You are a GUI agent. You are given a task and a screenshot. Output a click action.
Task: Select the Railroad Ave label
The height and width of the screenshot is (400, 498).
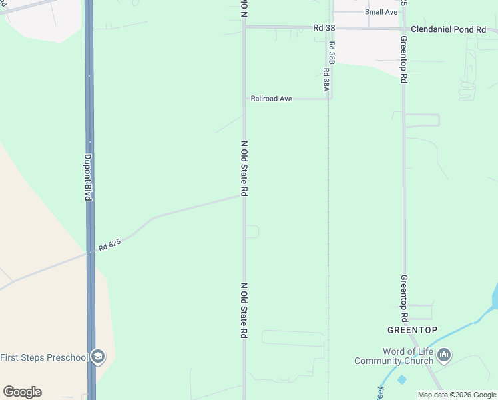point(271,99)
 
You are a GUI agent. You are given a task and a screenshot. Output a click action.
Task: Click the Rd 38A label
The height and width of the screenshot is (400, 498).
point(326,80)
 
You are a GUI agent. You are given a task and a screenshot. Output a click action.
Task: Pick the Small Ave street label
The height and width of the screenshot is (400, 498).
point(381,12)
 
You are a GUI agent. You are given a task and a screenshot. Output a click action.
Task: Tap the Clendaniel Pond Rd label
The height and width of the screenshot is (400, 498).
point(453,29)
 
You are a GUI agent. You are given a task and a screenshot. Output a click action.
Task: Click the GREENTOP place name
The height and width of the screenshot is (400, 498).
point(412,331)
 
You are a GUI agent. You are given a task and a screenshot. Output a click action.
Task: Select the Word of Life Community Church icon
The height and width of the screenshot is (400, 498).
point(445,354)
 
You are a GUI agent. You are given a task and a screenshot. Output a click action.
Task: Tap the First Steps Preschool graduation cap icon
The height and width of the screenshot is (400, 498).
point(97,357)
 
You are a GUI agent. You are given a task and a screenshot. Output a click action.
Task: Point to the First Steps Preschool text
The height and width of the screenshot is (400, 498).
point(44,357)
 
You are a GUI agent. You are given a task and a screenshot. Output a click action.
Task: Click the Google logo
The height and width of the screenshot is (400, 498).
point(22,392)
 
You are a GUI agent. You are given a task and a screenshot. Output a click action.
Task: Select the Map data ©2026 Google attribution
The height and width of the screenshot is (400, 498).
point(457,395)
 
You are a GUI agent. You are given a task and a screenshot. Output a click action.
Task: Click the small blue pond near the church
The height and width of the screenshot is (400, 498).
point(401,379)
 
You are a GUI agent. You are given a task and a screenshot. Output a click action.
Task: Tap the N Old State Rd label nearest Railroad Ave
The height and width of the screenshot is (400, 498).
point(244,168)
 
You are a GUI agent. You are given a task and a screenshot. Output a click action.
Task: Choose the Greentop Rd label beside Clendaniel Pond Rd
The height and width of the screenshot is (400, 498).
point(403,59)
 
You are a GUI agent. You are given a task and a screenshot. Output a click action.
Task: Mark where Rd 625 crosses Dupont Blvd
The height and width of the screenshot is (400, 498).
point(90,253)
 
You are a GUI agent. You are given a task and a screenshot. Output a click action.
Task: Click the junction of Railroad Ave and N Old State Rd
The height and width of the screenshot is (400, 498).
point(244,99)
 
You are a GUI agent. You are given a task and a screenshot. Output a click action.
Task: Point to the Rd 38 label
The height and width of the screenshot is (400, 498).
point(323,28)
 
